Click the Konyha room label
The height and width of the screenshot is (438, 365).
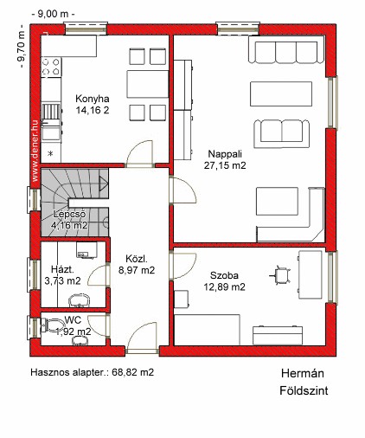coord(93,99)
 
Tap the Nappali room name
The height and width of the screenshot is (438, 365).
coord(225,154)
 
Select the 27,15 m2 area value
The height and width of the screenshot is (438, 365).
coord(225,165)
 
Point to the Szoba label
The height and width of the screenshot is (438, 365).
coord(224,275)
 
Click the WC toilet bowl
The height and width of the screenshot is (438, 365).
coord(54,325)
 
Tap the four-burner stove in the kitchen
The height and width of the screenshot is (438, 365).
coord(51,67)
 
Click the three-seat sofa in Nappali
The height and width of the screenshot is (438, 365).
coord(286,52)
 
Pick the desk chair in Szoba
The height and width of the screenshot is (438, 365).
coord(280,275)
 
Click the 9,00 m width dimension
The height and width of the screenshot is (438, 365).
coord(53,15)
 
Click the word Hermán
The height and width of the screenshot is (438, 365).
coord(303,373)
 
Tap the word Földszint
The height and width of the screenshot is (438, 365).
coord(304,390)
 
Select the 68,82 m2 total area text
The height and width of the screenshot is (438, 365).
coord(133,372)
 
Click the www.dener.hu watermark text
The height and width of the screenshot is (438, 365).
coord(35,151)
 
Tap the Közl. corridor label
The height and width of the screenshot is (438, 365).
coord(137,259)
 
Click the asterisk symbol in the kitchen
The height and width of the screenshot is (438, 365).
coord(50,153)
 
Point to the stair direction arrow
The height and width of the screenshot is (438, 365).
coord(103,184)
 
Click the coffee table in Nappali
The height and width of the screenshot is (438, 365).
coord(281,94)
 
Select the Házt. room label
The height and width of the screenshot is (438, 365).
coord(62,269)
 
